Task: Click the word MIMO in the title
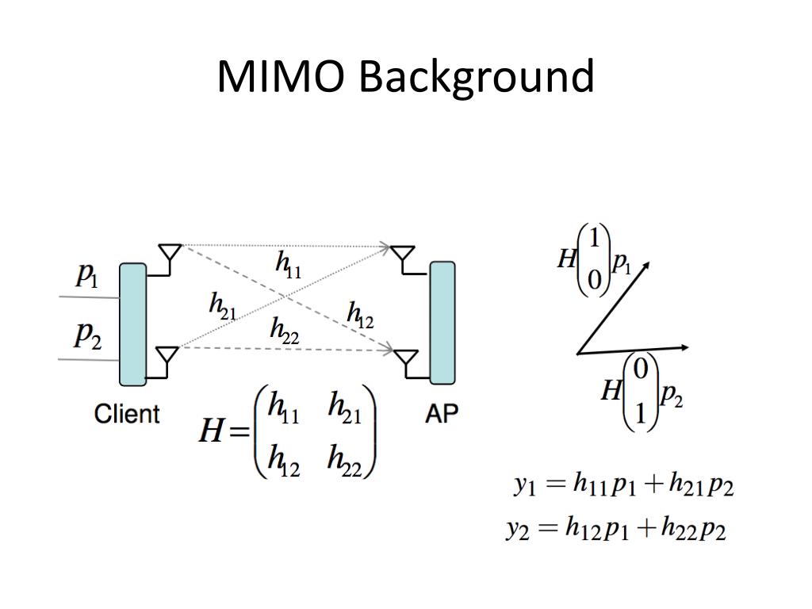(282, 77)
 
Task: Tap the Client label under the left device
(127, 413)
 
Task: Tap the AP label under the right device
(442, 413)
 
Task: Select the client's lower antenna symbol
(167, 358)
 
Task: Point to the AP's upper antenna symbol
(404, 255)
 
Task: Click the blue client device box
(132, 324)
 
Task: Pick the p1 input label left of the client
(86, 275)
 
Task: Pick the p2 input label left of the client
(87, 335)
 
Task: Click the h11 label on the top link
(288, 264)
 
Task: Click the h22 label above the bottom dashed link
(283, 330)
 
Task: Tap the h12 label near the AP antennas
(359, 316)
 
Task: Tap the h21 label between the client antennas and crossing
(222, 306)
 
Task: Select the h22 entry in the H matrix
(344, 460)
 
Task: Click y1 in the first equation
(525, 484)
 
